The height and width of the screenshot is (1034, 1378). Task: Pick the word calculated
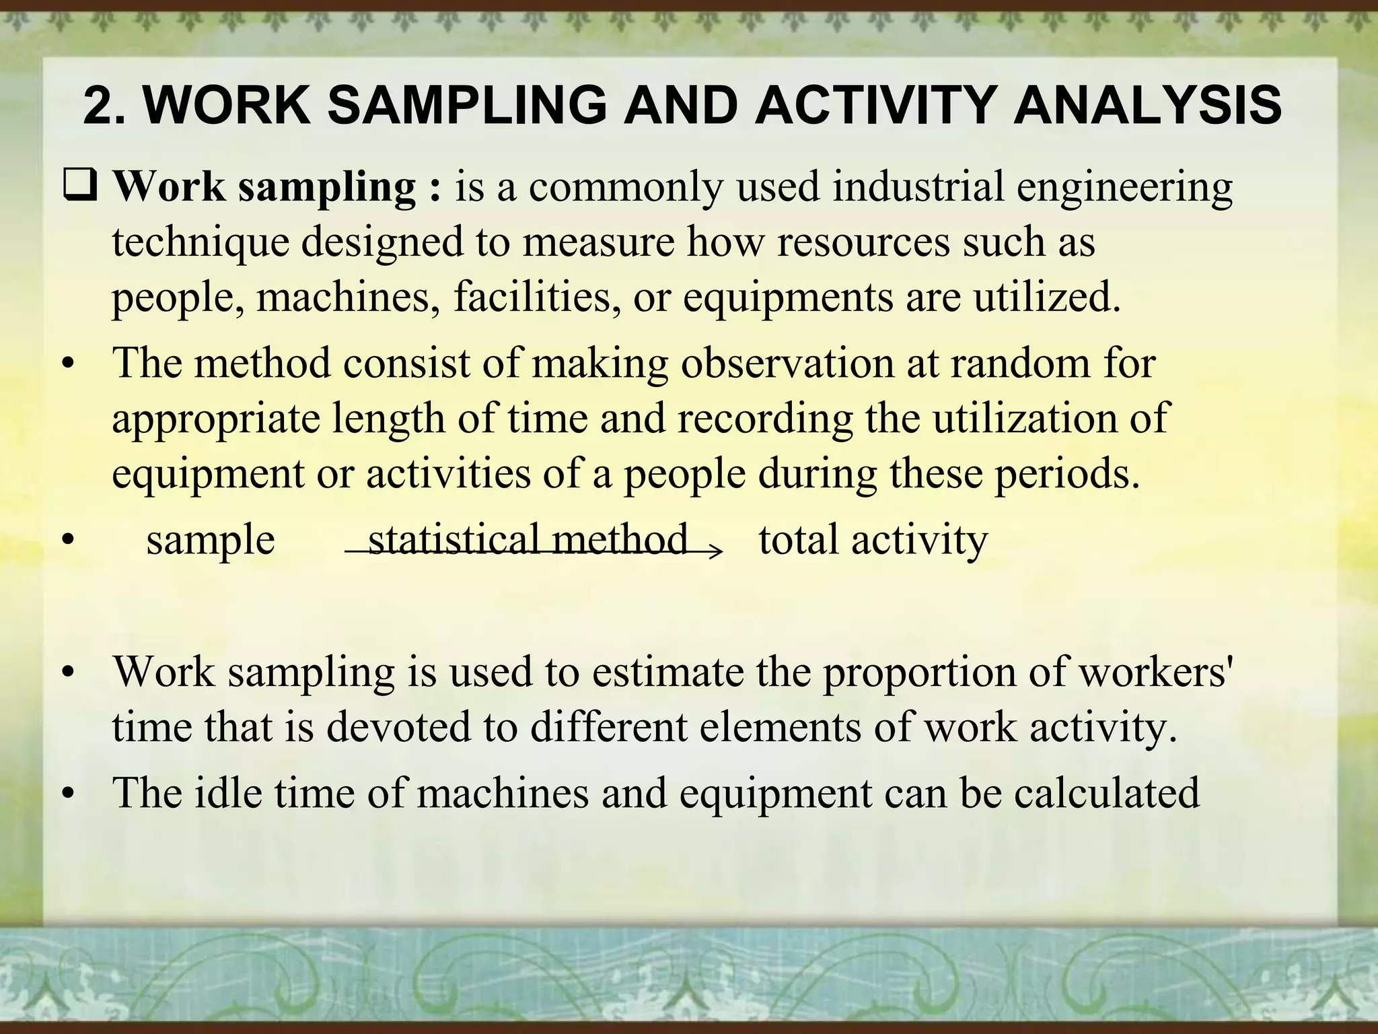pyautogui.click(x=1107, y=793)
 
